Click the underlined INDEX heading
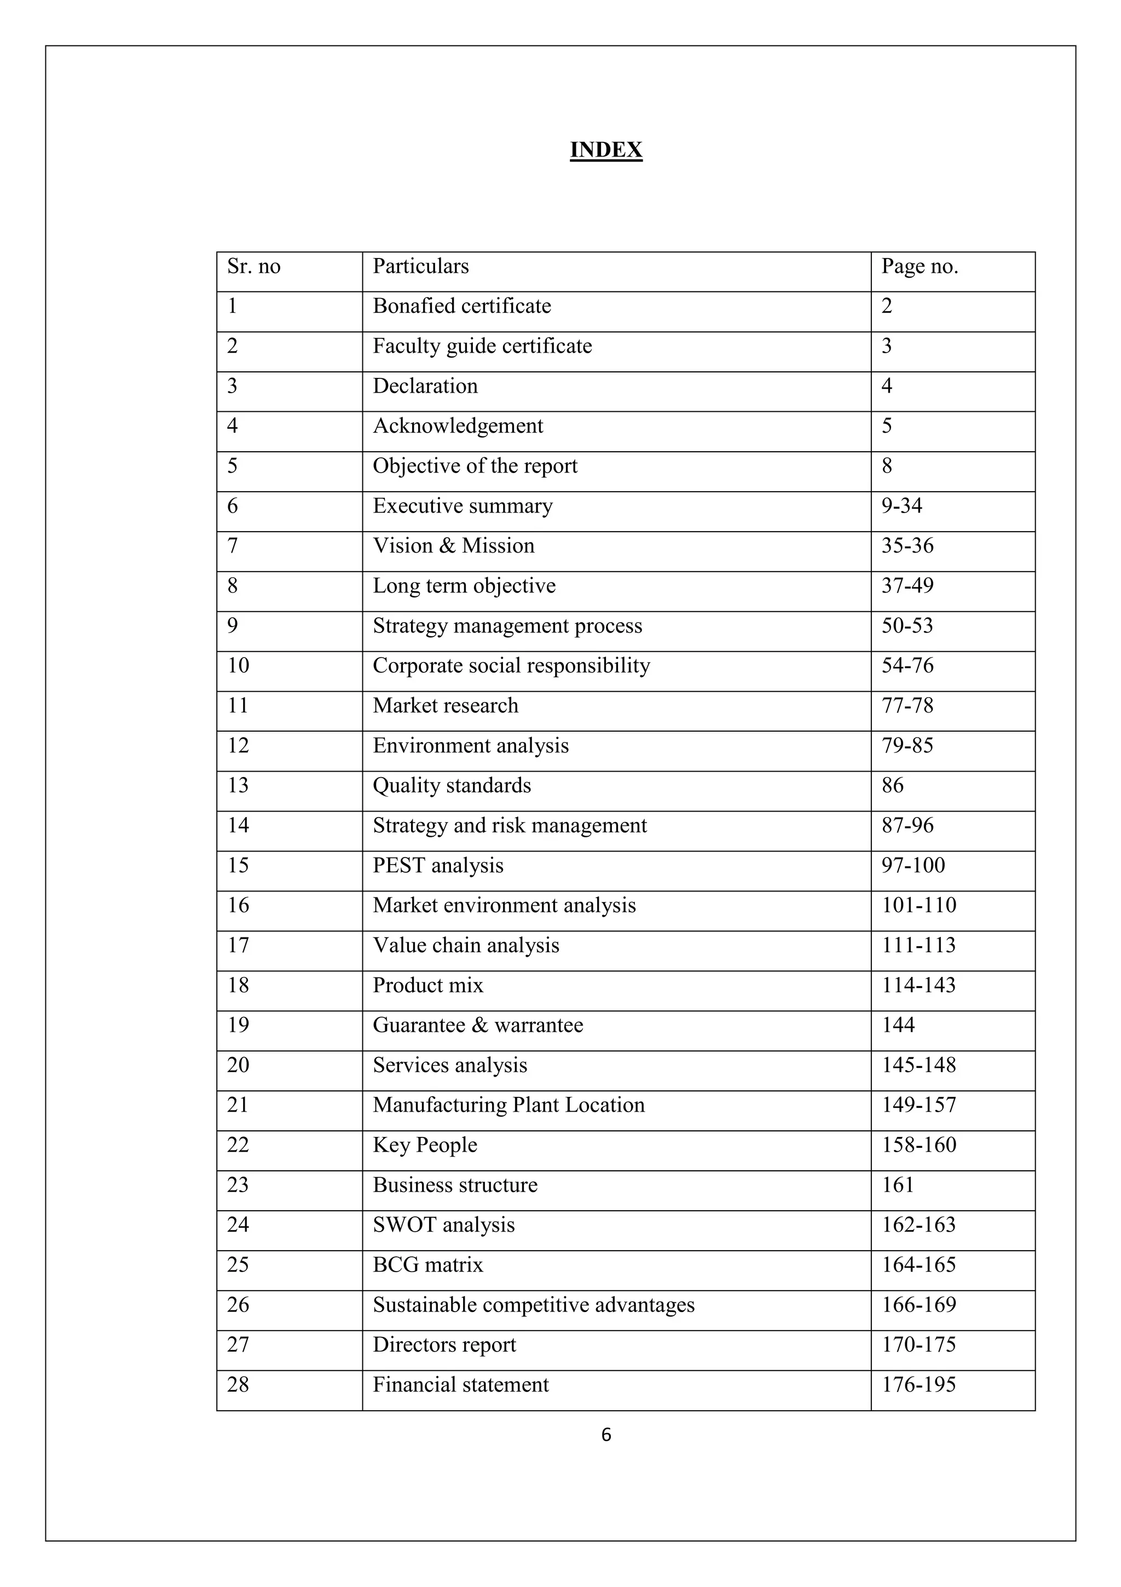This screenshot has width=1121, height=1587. pyautogui.click(x=606, y=150)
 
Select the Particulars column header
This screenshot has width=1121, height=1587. pyautogui.click(x=420, y=266)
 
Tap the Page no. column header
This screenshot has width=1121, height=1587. pyautogui.click(x=920, y=266)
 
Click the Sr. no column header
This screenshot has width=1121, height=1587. pyautogui.click(x=253, y=266)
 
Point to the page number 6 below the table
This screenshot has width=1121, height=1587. pyautogui.click(x=606, y=1435)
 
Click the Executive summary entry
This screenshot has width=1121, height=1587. pyautogui.click(x=463, y=506)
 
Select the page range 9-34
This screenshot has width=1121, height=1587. pyautogui.click(x=902, y=506)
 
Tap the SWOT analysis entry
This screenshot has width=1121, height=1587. pyautogui.click(x=443, y=1225)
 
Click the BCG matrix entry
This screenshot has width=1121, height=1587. pyautogui.click(x=427, y=1265)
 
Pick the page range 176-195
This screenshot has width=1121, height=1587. pyautogui.click(x=918, y=1384)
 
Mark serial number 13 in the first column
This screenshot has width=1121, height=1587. pyautogui.click(x=238, y=785)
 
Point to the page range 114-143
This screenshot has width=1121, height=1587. pyautogui.click(x=918, y=985)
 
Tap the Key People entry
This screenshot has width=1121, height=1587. pyautogui.click(x=425, y=1145)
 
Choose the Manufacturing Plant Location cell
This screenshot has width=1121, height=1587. pyautogui.click(x=509, y=1105)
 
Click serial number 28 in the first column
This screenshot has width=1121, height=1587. pyautogui.click(x=238, y=1384)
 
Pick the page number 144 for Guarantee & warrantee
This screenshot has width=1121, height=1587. pyautogui.click(x=898, y=1025)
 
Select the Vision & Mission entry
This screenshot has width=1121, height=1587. pyautogui.click(x=453, y=546)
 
